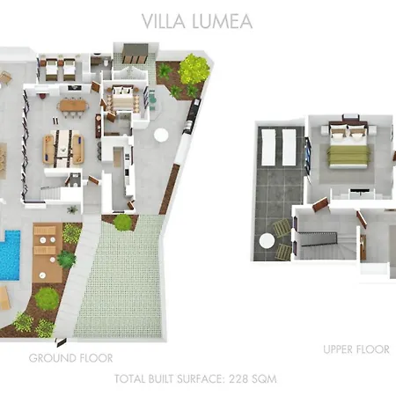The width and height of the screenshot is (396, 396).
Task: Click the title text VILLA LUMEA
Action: point(198,21)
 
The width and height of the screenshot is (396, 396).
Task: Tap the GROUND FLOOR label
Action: point(70,358)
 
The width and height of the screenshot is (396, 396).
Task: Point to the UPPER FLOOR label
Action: point(356,349)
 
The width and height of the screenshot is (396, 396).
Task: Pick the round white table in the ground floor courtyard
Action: point(161,135)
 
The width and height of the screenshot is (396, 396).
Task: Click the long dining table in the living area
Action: point(64,147)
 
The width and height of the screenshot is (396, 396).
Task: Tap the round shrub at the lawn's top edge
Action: point(123,223)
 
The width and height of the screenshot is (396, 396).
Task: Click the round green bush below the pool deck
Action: point(48,299)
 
